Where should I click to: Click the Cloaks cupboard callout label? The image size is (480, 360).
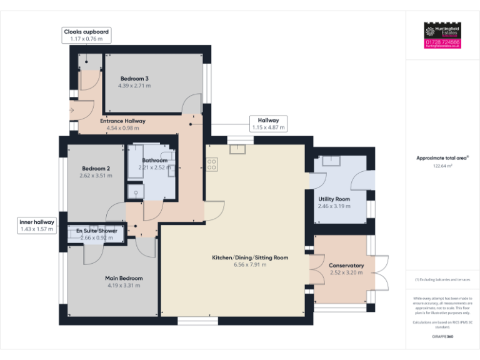[86, 31]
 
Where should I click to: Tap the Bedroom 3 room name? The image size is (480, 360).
[134, 78]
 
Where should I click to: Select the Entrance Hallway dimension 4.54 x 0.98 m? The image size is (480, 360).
[122, 128]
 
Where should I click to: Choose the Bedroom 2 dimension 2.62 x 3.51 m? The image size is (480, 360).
[96, 176]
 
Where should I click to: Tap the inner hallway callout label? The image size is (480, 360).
[37, 222]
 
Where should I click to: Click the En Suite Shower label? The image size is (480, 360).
[96, 231]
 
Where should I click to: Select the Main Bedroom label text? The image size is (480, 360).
[123, 278]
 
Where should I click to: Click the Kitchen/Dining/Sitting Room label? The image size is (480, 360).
[249, 257]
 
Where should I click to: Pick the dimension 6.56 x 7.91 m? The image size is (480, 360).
[249, 265]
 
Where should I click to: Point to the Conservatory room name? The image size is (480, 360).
[346, 265]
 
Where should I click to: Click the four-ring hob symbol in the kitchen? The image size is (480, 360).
[212, 164]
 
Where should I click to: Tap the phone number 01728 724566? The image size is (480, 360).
[442, 42]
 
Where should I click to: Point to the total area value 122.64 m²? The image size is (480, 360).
[442, 166]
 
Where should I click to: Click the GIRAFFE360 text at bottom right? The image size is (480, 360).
[442, 337]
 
